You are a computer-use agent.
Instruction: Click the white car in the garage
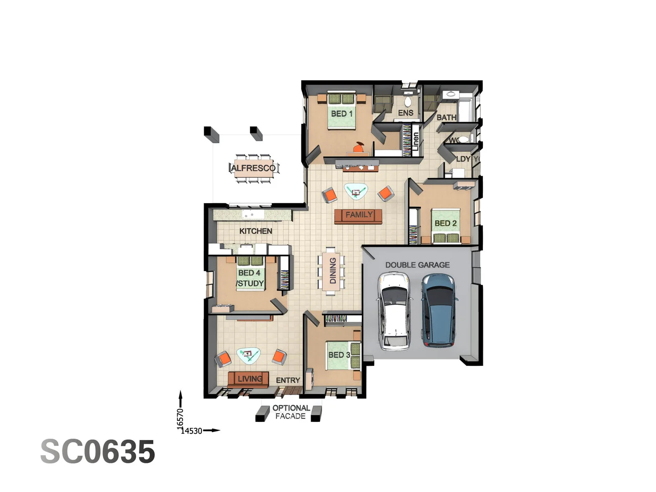pyautogui.click(x=395, y=311)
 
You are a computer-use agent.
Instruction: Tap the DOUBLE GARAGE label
pyautogui.click(x=417, y=265)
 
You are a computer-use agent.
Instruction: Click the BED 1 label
pyautogui.click(x=342, y=113)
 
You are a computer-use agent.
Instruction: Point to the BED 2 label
pyautogui.click(x=445, y=223)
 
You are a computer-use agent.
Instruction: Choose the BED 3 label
pyautogui.click(x=339, y=355)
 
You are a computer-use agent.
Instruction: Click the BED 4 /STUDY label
pyautogui.click(x=250, y=278)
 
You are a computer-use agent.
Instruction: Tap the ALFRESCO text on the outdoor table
pyautogui.click(x=253, y=168)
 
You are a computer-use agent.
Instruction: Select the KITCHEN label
pyautogui.click(x=256, y=231)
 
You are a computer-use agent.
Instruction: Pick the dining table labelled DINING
pyautogui.click(x=332, y=271)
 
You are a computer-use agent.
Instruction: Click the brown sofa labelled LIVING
pyautogui.click(x=249, y=379)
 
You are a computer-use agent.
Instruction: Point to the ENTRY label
pyautogui.click(x=288, y=380)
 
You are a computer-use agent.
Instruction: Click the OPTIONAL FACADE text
pyautogui.click(x=291, y=412)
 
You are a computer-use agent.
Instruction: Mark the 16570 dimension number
pyautogui.click(x=180, y=418)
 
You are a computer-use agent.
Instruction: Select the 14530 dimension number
pyautogui.click(x=191, y=431)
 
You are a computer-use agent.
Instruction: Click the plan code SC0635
pyautogui.click(x=97, y=452)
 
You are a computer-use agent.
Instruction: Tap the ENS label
pyautogui.click(x=405, y=113)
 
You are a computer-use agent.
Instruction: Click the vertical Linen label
pyautogui.click(x=415, y=142)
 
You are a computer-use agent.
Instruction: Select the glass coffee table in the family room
pyautogui.click(x=356, y=191)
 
